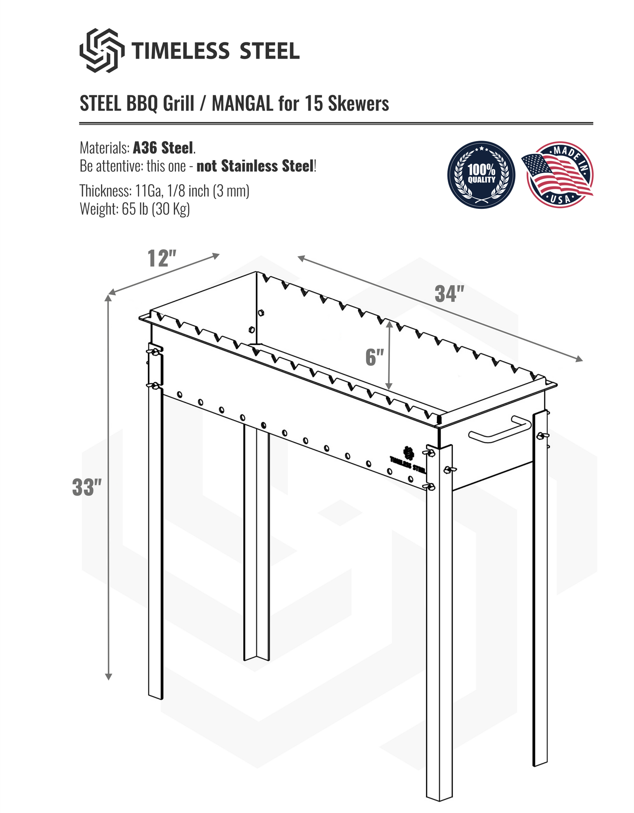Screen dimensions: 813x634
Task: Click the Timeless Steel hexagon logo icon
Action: point(102,51)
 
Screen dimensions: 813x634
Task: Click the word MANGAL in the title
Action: point(242,104)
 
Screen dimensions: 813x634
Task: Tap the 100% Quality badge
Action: point(481,175)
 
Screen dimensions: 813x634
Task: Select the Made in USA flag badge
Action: point(559,175)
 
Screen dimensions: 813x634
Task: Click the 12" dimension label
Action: point(161,258)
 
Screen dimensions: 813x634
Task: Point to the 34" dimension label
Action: point(449,294)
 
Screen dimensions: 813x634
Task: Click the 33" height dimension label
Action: point(87,487)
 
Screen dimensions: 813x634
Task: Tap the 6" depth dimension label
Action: point(374,357)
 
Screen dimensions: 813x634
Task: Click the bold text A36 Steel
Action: point(163,148)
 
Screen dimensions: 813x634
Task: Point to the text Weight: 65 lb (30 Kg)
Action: point(135,209)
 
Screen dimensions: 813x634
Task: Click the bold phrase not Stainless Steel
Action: point(255,166)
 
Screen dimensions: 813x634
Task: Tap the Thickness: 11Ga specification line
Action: point(164,191)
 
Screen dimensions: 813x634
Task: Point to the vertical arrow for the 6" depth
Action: point(389,355)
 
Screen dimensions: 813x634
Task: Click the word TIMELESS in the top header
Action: point(180,52)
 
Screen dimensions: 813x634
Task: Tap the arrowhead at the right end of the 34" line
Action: point(579,359)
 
